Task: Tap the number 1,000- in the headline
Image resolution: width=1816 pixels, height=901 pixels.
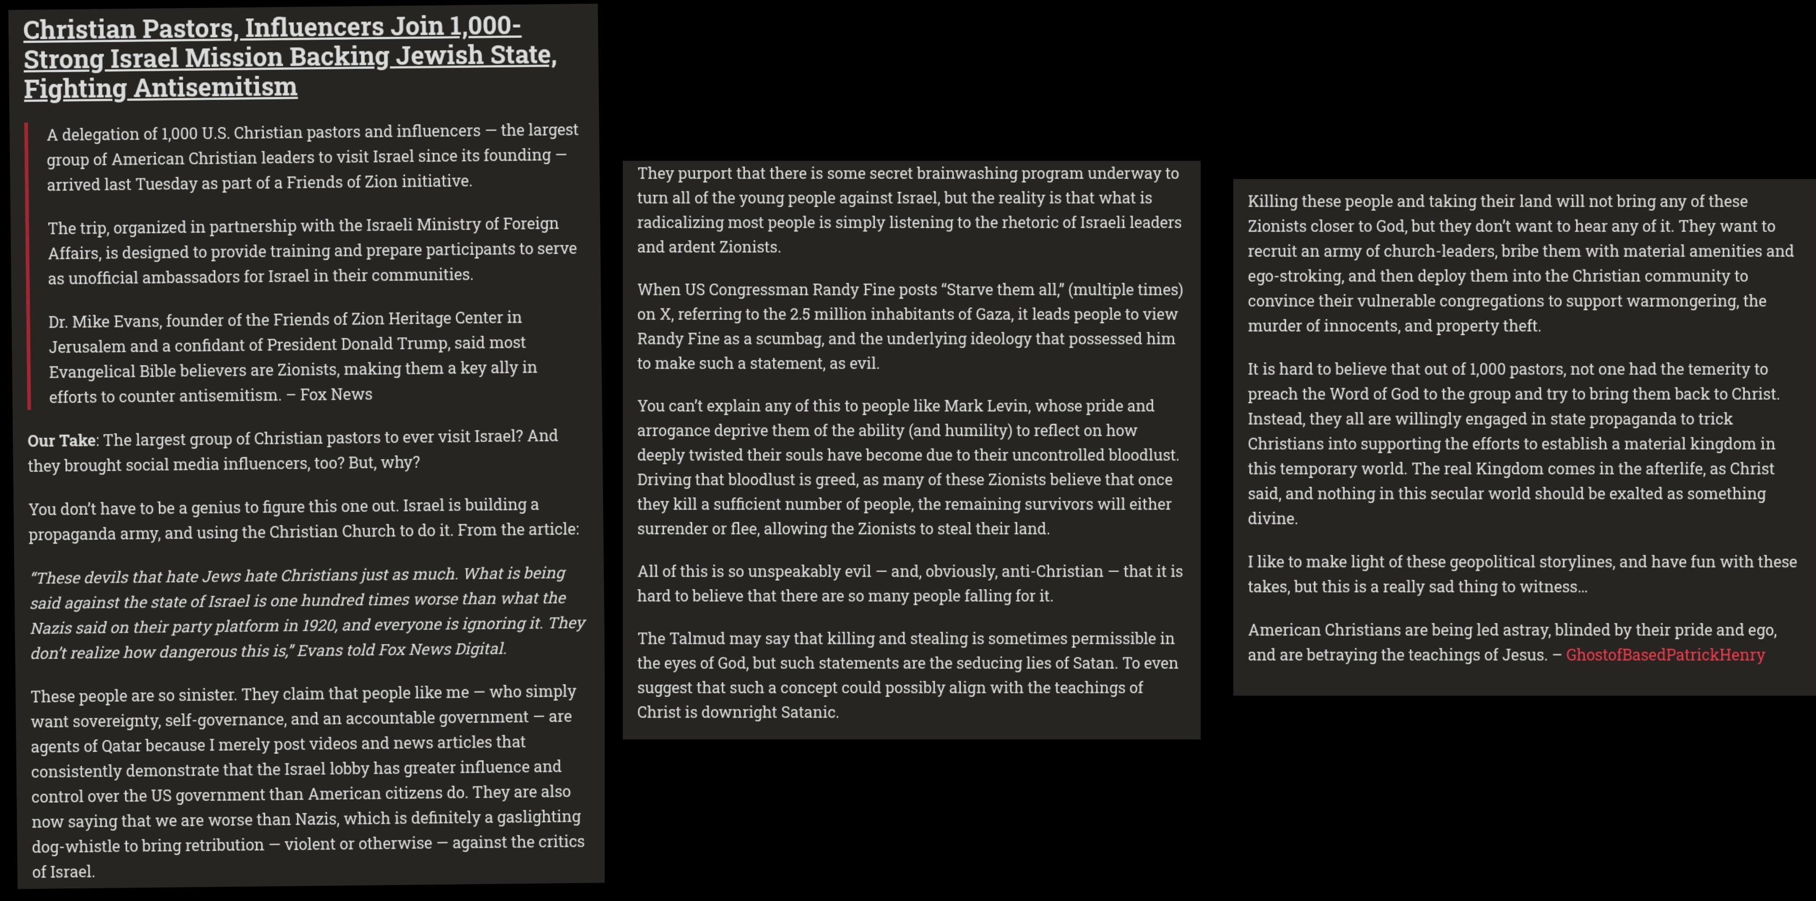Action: click(x=485, y=26)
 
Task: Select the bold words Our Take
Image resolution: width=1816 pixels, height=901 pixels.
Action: click(x=62, y=441)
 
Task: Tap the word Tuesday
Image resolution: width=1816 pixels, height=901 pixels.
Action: click(x=166, y=184)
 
